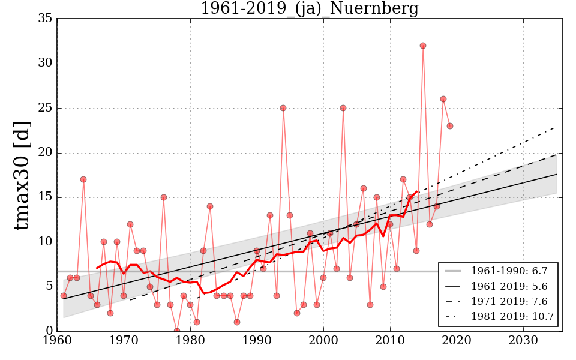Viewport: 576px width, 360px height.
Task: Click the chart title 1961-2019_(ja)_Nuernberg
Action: [309, 9]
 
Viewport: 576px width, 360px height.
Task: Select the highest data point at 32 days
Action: [423, 46]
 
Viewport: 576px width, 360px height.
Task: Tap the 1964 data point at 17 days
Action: [83, 179]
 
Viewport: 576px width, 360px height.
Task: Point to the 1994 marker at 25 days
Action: [283, 108]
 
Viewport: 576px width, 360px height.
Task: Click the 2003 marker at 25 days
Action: [343, 108]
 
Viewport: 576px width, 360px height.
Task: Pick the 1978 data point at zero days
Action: [177, 331]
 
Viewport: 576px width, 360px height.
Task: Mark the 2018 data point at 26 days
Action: [443, 99]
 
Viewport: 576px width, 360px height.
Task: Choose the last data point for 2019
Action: [449, 126]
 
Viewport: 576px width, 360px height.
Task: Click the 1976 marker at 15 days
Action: [163, 197]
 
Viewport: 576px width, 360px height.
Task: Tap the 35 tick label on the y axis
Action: [44, 19]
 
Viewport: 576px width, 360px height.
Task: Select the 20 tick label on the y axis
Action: [44, 152]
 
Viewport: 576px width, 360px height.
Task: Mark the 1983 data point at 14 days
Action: [210, 206]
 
